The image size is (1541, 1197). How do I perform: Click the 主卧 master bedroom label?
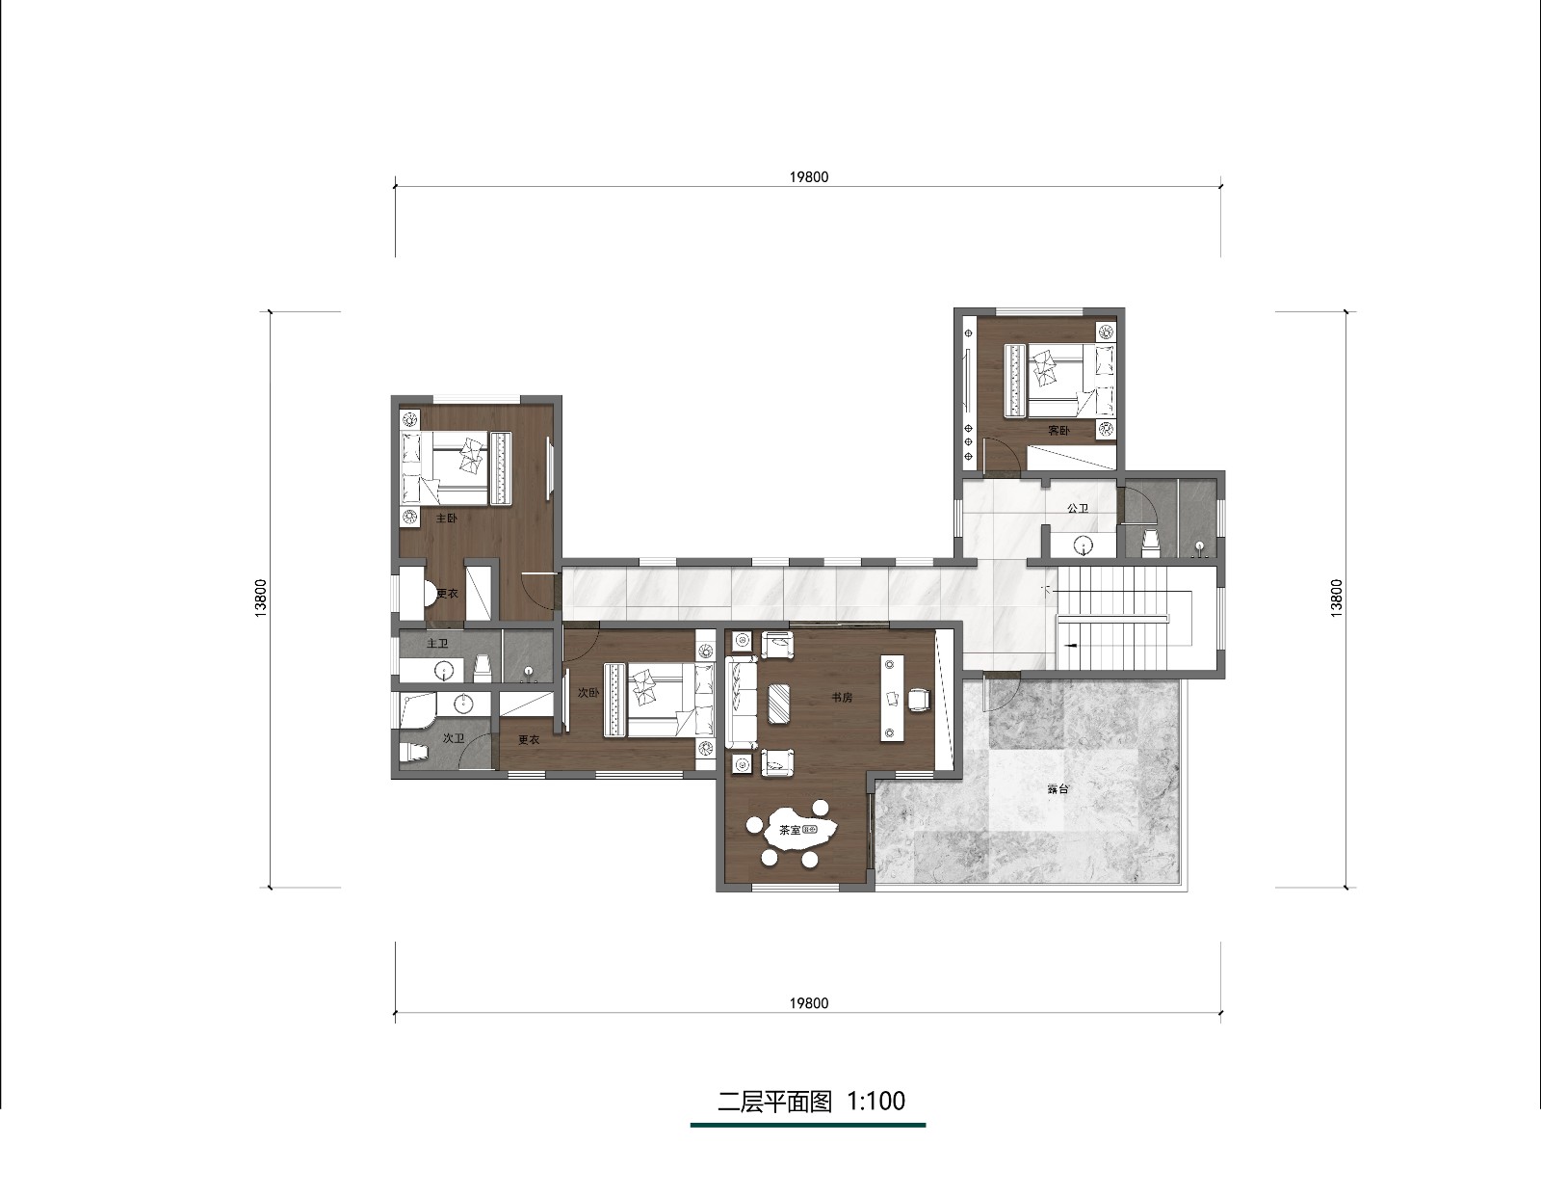pos(446,518)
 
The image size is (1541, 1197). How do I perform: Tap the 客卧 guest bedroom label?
pos(1058,430)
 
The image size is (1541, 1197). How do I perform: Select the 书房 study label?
pos(841,698)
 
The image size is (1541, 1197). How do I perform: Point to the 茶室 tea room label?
pos(790,830)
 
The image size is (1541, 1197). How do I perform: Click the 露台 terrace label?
pos(1058,788)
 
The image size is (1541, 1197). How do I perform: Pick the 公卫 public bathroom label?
pos(1077,508)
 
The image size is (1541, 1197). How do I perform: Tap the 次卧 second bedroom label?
pos(588,693)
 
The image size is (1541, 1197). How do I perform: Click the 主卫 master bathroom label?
pos(437,644)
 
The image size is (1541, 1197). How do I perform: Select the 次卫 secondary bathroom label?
pos(454,738)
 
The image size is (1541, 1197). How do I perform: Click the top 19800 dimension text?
pos(808,176)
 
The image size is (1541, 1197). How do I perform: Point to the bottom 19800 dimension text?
pos(808,1002)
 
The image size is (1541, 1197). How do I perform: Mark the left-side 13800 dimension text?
pos(261,598)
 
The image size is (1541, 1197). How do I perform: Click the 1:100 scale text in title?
pos(876,1101)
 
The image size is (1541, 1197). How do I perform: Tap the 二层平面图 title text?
pos(774,1102)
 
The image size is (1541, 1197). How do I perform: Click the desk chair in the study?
pos(919,699)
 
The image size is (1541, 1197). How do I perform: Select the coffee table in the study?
pos(781,703)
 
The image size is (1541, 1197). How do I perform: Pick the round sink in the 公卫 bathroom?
pos(1083,545)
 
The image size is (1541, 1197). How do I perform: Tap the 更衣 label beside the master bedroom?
pos(447,593)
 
